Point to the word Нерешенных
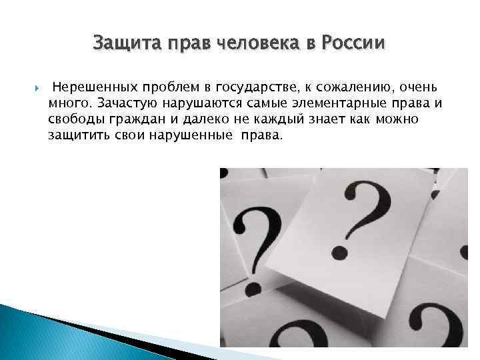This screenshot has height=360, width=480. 91,87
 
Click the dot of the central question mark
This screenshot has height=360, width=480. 340,252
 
